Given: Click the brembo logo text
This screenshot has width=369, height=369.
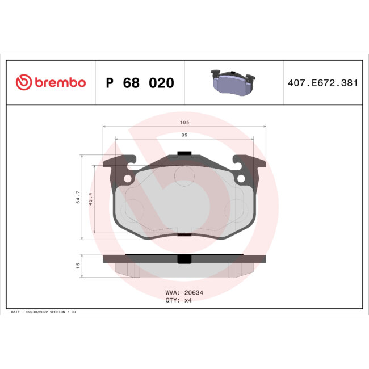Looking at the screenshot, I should (60, 83).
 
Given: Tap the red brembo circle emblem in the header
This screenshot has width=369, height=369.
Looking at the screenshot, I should (23, 83).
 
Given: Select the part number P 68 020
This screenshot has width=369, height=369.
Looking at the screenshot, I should (140, 83).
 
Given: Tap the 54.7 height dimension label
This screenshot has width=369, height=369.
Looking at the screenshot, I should (78, 198).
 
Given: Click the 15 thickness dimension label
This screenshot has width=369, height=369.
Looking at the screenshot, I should (78, 265).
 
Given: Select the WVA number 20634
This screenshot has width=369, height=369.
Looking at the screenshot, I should (190, 293).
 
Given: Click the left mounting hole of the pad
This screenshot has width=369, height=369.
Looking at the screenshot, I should (127, 179).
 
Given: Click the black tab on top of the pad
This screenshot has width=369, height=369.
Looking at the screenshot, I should (184, 153).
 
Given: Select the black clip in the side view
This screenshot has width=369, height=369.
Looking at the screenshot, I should (184, 258).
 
